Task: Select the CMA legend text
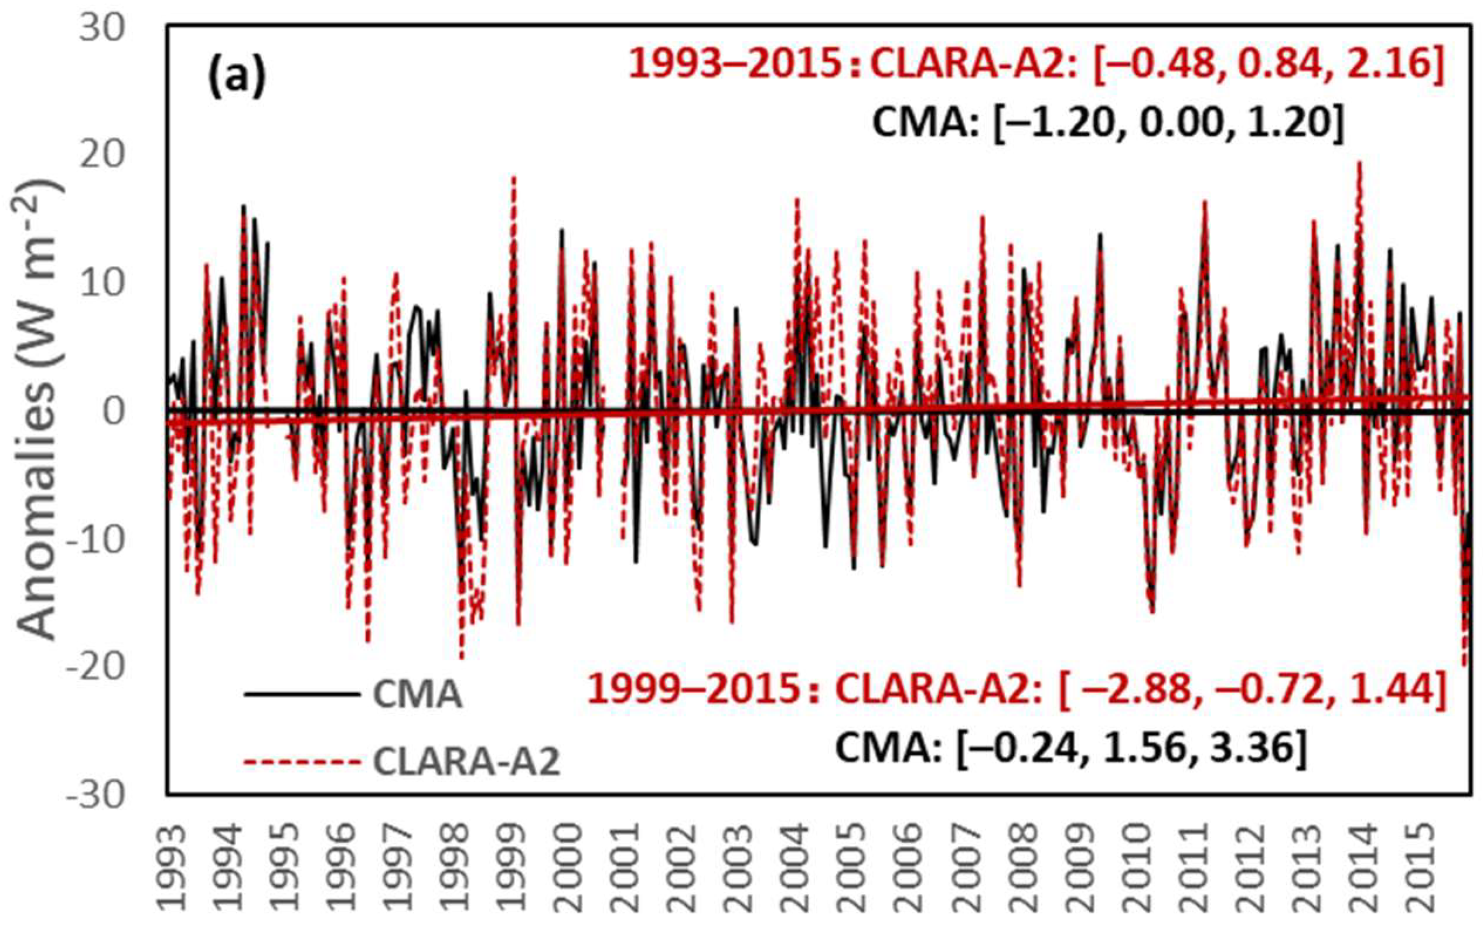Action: point(417,694)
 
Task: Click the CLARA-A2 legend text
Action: point(466,763)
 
